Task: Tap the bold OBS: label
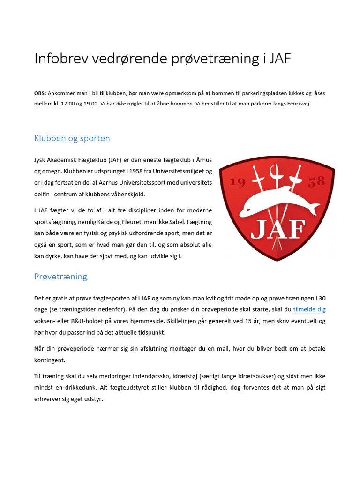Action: pyautogui.click(x=40, y=93)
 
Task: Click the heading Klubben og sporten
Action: pyautogui.click(x=72, y=138)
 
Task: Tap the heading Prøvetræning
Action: pyautogui.click(x=60, y=277)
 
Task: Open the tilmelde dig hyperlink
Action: pyautogui.click(x=309, y=309)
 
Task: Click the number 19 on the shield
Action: pyautogui.click(x=238, y=183)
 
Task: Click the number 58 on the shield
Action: pyautogui.click(x=316, y=182)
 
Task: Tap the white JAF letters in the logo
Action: pyautogui.click(x=278, y=230)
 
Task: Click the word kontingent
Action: pyautogui.click(x=50, y=360)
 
